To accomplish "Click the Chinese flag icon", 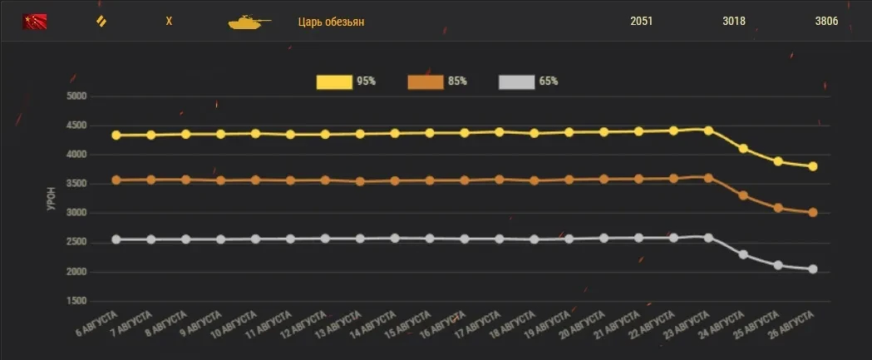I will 34,22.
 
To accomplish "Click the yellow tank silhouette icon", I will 249,22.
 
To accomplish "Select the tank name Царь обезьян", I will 331,22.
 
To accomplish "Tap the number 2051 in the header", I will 641,22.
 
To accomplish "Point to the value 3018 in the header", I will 734,22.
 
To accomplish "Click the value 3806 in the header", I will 826,22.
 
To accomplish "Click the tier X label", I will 169,22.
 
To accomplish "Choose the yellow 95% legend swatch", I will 333,81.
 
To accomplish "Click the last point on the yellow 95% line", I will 813,166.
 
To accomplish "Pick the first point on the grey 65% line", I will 116,239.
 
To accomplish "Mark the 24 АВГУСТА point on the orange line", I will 743,196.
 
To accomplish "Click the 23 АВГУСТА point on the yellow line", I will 708,131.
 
